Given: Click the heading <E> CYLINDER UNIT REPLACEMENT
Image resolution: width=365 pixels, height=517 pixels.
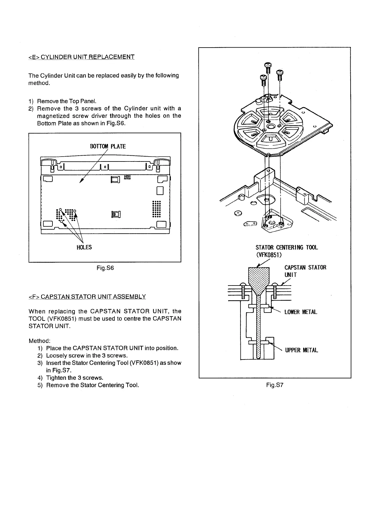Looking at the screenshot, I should point(81,57).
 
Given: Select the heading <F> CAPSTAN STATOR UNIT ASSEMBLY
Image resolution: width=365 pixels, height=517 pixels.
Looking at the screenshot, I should point(87,297).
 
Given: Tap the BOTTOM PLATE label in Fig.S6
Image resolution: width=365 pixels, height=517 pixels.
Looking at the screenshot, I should point(108,146).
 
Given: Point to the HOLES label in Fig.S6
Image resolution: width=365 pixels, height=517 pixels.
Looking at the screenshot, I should point(84,247).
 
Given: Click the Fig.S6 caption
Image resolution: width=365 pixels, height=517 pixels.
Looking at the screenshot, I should point(105,268).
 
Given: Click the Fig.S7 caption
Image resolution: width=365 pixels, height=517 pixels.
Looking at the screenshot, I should point(275,384).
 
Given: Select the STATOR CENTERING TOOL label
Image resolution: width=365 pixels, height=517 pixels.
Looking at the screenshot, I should point(286,247).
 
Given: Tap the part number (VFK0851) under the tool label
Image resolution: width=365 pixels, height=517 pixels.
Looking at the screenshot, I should point(269,255).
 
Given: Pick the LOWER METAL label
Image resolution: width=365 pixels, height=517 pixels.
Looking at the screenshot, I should point(301,312).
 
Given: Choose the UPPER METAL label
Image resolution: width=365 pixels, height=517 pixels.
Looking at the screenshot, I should point(301,350).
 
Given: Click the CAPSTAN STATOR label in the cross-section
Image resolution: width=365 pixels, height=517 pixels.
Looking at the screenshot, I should point(305,267).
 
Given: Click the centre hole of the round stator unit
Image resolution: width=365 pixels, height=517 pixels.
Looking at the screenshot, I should point(271,126).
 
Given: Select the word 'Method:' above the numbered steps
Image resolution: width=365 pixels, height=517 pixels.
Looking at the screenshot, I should point(39,341).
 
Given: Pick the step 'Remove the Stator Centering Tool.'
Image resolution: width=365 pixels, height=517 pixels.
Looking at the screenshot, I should point(92,385).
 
